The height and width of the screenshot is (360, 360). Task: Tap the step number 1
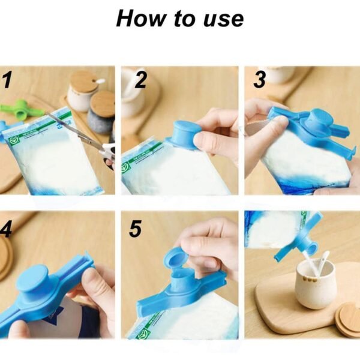7,80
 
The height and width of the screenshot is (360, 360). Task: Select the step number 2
140,80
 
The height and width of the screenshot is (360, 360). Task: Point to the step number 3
260,79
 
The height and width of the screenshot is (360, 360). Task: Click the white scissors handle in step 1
108,152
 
